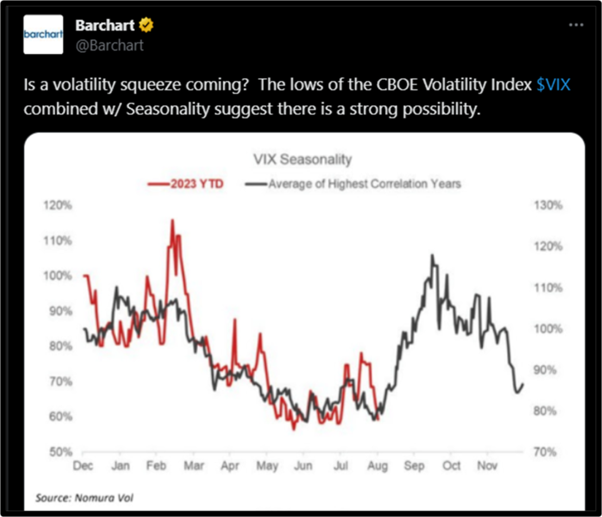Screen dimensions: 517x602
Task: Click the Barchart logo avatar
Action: coord(44,34)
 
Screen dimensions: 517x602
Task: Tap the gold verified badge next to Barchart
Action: coord(147,25)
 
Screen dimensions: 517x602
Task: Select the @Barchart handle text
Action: coord(109,45)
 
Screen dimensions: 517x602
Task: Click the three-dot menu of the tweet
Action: coord(576,25)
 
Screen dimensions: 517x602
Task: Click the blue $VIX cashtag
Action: coord(553,85)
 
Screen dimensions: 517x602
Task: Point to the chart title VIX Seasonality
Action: coord(302,160)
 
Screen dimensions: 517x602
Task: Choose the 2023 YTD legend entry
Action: coord(186,184)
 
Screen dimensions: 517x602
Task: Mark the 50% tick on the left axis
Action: coord(63,452)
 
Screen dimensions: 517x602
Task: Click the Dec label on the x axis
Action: coord(83,466)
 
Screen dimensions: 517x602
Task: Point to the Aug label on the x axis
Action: coord(377,466)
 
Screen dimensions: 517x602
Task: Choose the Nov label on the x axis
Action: coord(487,466)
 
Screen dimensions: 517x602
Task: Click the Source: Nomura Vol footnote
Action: coord(84,498)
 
